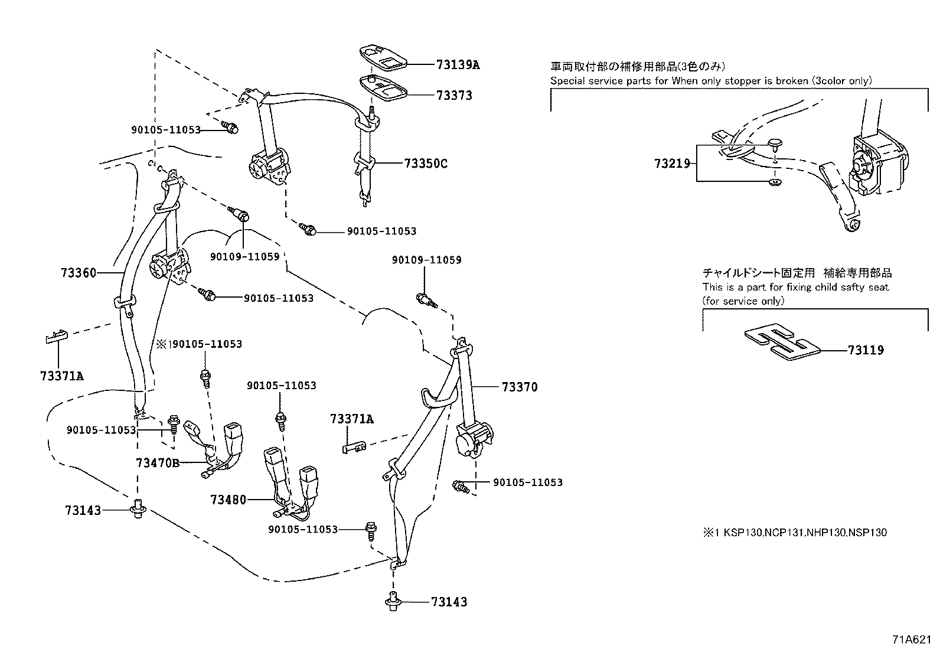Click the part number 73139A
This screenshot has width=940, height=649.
(458, 64)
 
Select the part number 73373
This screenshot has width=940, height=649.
(454, 95)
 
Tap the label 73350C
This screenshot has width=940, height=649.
(426, 164)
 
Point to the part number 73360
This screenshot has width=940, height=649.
(78, 273)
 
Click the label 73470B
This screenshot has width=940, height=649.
(157, 462)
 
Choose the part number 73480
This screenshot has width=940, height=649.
(228, 500)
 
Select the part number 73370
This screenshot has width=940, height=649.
(520, 387)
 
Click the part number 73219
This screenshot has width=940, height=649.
(672, 163)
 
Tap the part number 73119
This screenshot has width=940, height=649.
(866, 350)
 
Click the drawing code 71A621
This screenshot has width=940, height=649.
(913, 640)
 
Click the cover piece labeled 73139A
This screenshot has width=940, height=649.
(381, 57)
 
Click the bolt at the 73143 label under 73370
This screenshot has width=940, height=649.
(392, 602)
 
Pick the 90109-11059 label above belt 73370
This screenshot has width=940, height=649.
(426, 260)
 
